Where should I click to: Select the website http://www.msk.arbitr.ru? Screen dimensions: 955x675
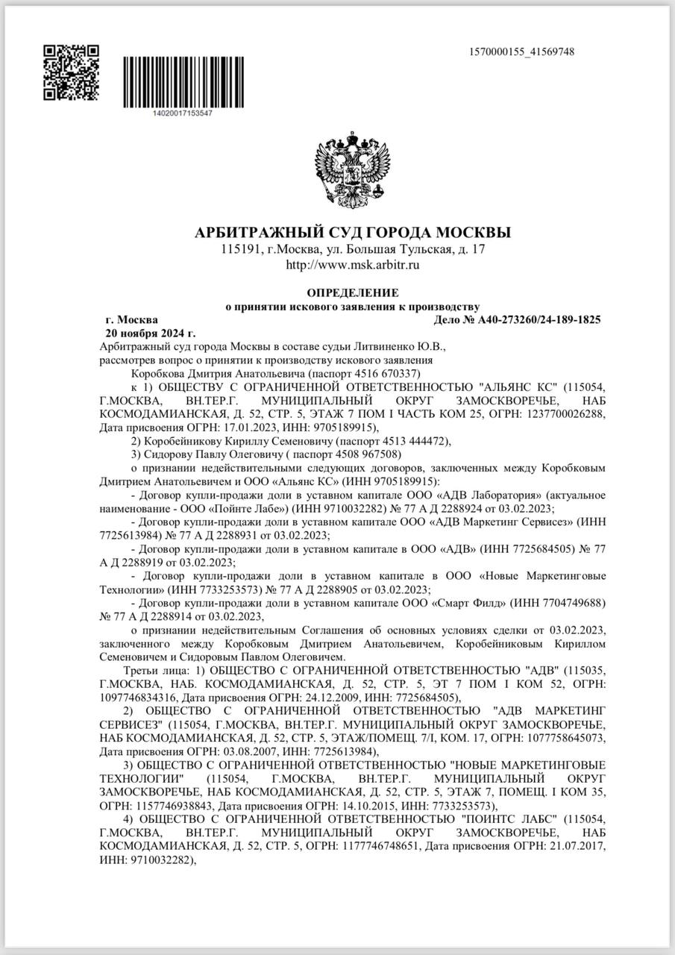pos(353,264)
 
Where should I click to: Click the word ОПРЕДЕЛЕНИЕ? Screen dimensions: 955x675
pos(353,292)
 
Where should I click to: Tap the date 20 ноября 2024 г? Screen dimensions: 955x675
pos(151,333)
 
